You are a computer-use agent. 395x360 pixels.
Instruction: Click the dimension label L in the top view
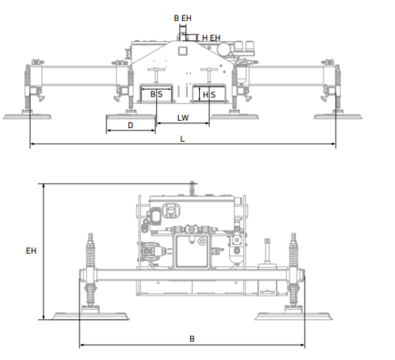click(x=184, y=139)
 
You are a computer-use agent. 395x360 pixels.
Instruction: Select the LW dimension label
click(x=184, y=118)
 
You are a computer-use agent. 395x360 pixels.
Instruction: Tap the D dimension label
click(x=130, y=125)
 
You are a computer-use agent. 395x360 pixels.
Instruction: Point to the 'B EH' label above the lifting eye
click(x=183, y=17)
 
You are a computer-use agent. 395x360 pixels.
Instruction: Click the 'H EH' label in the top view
click(x=211, y=38)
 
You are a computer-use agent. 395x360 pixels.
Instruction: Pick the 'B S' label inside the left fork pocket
click(x=156, y=95)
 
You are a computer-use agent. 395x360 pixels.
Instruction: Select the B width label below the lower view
click(x=191, y=338)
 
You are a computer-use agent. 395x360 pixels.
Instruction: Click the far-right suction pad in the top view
click(x=337, y=115)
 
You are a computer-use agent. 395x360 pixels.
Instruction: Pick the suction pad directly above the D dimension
click(x=129, y=114)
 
